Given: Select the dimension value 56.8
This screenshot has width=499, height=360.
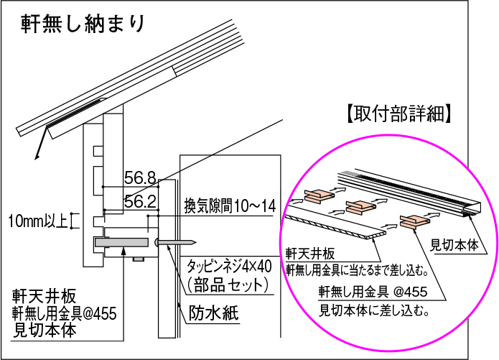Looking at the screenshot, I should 140,177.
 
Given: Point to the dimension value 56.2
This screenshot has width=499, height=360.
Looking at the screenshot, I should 140,202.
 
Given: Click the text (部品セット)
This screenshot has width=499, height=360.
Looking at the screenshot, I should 228,285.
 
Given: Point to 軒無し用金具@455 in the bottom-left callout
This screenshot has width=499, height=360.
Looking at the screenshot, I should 63,313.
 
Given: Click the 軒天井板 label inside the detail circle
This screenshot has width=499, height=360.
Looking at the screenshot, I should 309,254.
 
